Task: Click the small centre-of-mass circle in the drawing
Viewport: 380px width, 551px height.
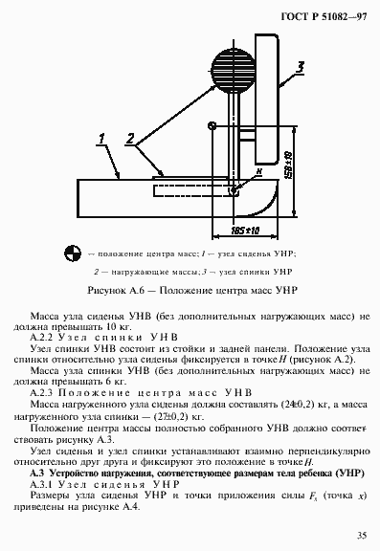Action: [211, 125]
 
